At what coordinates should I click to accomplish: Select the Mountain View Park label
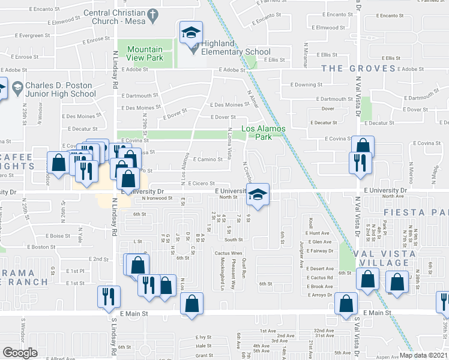coord(145,54)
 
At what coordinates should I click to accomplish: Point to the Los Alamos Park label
coord(264,132)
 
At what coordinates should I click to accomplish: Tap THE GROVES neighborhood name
coord(358,68)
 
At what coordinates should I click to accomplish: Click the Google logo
coord(20,353)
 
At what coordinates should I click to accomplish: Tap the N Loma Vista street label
coord(230,143)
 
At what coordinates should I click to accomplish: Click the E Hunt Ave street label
coord(318,233)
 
